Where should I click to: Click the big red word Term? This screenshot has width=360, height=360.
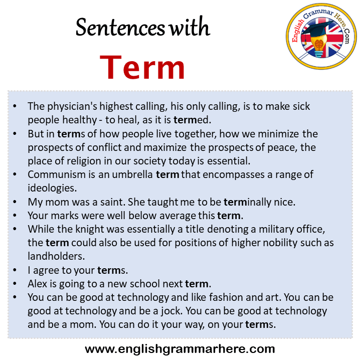(143, 67)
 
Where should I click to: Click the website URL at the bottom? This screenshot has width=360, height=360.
(180, 348)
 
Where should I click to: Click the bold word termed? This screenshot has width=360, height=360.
(191, 120)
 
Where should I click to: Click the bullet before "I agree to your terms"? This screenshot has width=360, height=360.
(15, 270)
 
